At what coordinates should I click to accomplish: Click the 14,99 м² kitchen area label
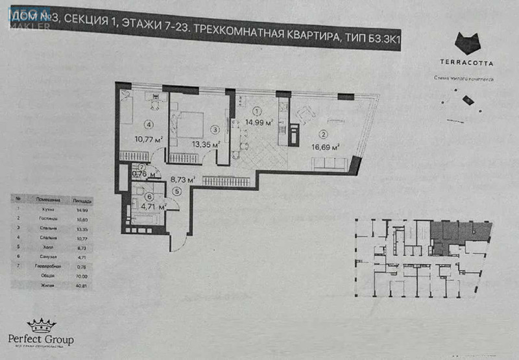click(x=258, y=122)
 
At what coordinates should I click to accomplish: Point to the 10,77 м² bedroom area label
click(x=147, y=138)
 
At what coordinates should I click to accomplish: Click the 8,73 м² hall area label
click(x=182, y=180)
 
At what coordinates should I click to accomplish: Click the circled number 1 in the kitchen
click(x=257, y=111)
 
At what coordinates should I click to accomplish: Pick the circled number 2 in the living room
click(x=322, y=136)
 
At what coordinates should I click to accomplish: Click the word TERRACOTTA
click(x=467, y=64)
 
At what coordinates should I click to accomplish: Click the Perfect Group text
click(x=40, y=339)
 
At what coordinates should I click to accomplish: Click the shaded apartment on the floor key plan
click(x=457, y=233)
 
